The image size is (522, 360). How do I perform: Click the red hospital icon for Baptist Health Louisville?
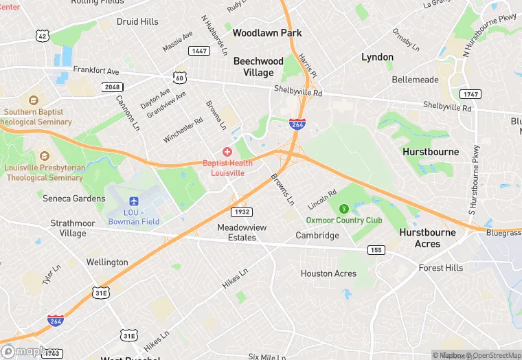pyautogui.click(x=227, y=151)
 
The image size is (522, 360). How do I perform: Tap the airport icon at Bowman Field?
pyautogui.click(x=134, y=200)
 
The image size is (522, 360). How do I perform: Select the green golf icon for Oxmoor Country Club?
pyautogui.click(x=343, y=208)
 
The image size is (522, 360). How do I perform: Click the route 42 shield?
pyautogui.click(x=43, y=36)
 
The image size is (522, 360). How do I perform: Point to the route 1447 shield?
pyautogui.click(x=200, y=51)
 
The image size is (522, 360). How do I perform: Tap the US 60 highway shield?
pyautogui.click(x=179, y=78)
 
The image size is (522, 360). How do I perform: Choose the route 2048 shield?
pyautogui.click(x=112, y=87)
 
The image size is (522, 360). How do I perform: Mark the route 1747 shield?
pyautogui.click(x=470, y=93)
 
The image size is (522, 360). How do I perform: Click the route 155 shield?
pyautogui.click(x=375, y=249)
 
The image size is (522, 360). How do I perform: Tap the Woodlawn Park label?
pyautogui.click(x=267, y=32)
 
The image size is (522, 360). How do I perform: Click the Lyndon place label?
pyautogui.click(x=377, y=57)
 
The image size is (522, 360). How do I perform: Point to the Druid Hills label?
pyautogui.click(x=137, y=21)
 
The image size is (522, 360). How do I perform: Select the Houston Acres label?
pyautogui.click(x=328, y=273)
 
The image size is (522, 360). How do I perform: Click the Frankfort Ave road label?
pyautogui.click(x=96, y=71)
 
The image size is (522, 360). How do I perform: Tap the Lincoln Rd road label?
pyautogui.click(x=322, y=200)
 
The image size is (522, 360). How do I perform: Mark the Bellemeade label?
pyautogui.click(x=415, y=80)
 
